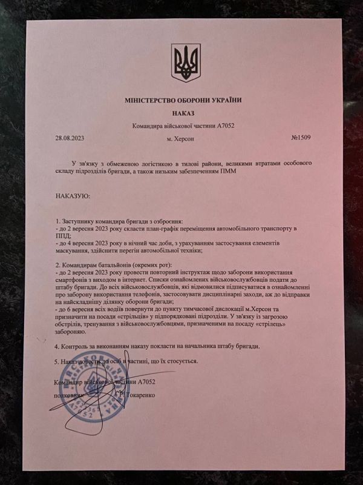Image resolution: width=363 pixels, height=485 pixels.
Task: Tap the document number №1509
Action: pyautogui.click(x=301, y=138)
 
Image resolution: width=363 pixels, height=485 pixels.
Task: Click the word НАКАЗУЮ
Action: pyautogui.click(x=73, y=196)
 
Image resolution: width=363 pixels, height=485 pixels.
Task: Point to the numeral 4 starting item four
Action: pyautogui.click(x=57, y=346)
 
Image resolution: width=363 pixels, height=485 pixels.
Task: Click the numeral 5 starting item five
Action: pyautogui.click(x=57, y=361)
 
